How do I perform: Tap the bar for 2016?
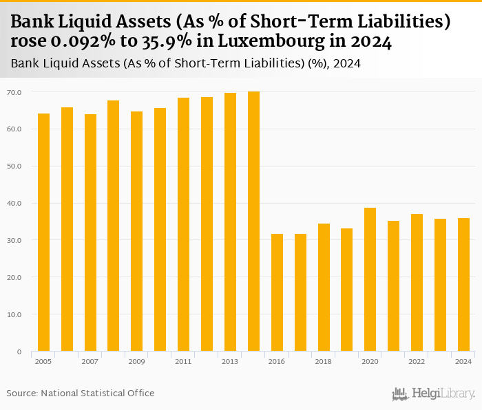(277, 292)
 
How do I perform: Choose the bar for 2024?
(463, 285)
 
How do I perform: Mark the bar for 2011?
(183, 224)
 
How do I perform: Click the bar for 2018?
(324, 288)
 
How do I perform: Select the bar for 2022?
(417, 283)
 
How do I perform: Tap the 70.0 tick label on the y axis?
(14, 92)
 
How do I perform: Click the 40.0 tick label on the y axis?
(14, 204)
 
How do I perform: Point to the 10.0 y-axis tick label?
(14, 315)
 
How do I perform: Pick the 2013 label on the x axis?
(230, 361)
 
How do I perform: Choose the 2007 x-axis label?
(90, 361)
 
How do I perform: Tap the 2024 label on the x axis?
(463, 361)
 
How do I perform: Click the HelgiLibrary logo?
(434, 393)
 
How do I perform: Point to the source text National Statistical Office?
(98, 393)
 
